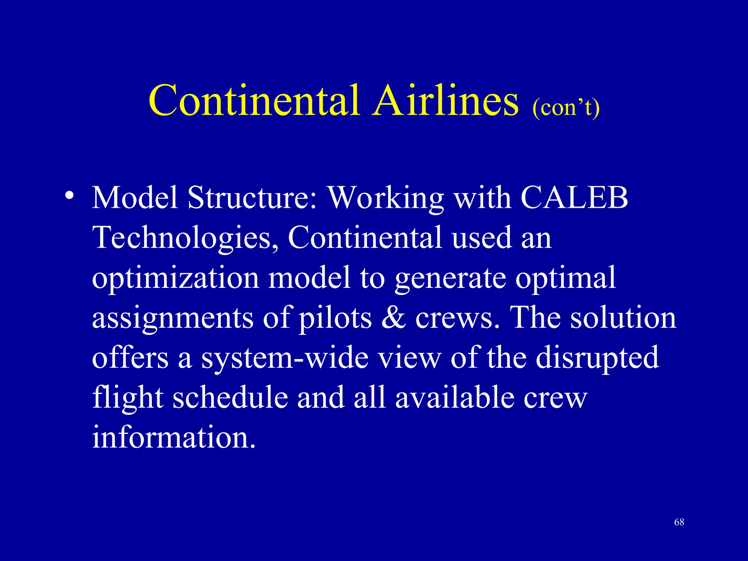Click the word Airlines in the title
(x=445, y=100)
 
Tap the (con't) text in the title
(x=566, y=108)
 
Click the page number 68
(x=679, y=522)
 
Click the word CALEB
(x=574, y=198)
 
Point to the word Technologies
(x=185, y=238)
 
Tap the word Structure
(x=252, y=198)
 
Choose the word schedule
(x=230, y=397)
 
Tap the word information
(x=173, y=437)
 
